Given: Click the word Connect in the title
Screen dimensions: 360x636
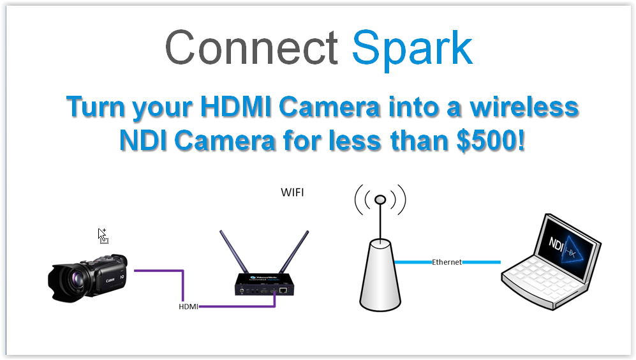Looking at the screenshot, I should (x=251, y=48).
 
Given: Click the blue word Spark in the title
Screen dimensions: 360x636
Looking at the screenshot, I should (x=412, y=48).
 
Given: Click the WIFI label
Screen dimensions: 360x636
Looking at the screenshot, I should (x=293, y=191).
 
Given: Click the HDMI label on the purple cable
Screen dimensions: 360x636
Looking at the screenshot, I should (x=189, y=306).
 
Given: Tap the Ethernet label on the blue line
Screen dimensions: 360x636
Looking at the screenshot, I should (x=447, y=262).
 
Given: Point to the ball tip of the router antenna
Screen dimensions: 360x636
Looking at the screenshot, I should (x=380, y=200).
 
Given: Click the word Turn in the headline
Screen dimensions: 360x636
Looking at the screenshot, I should (x=96, y=107).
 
